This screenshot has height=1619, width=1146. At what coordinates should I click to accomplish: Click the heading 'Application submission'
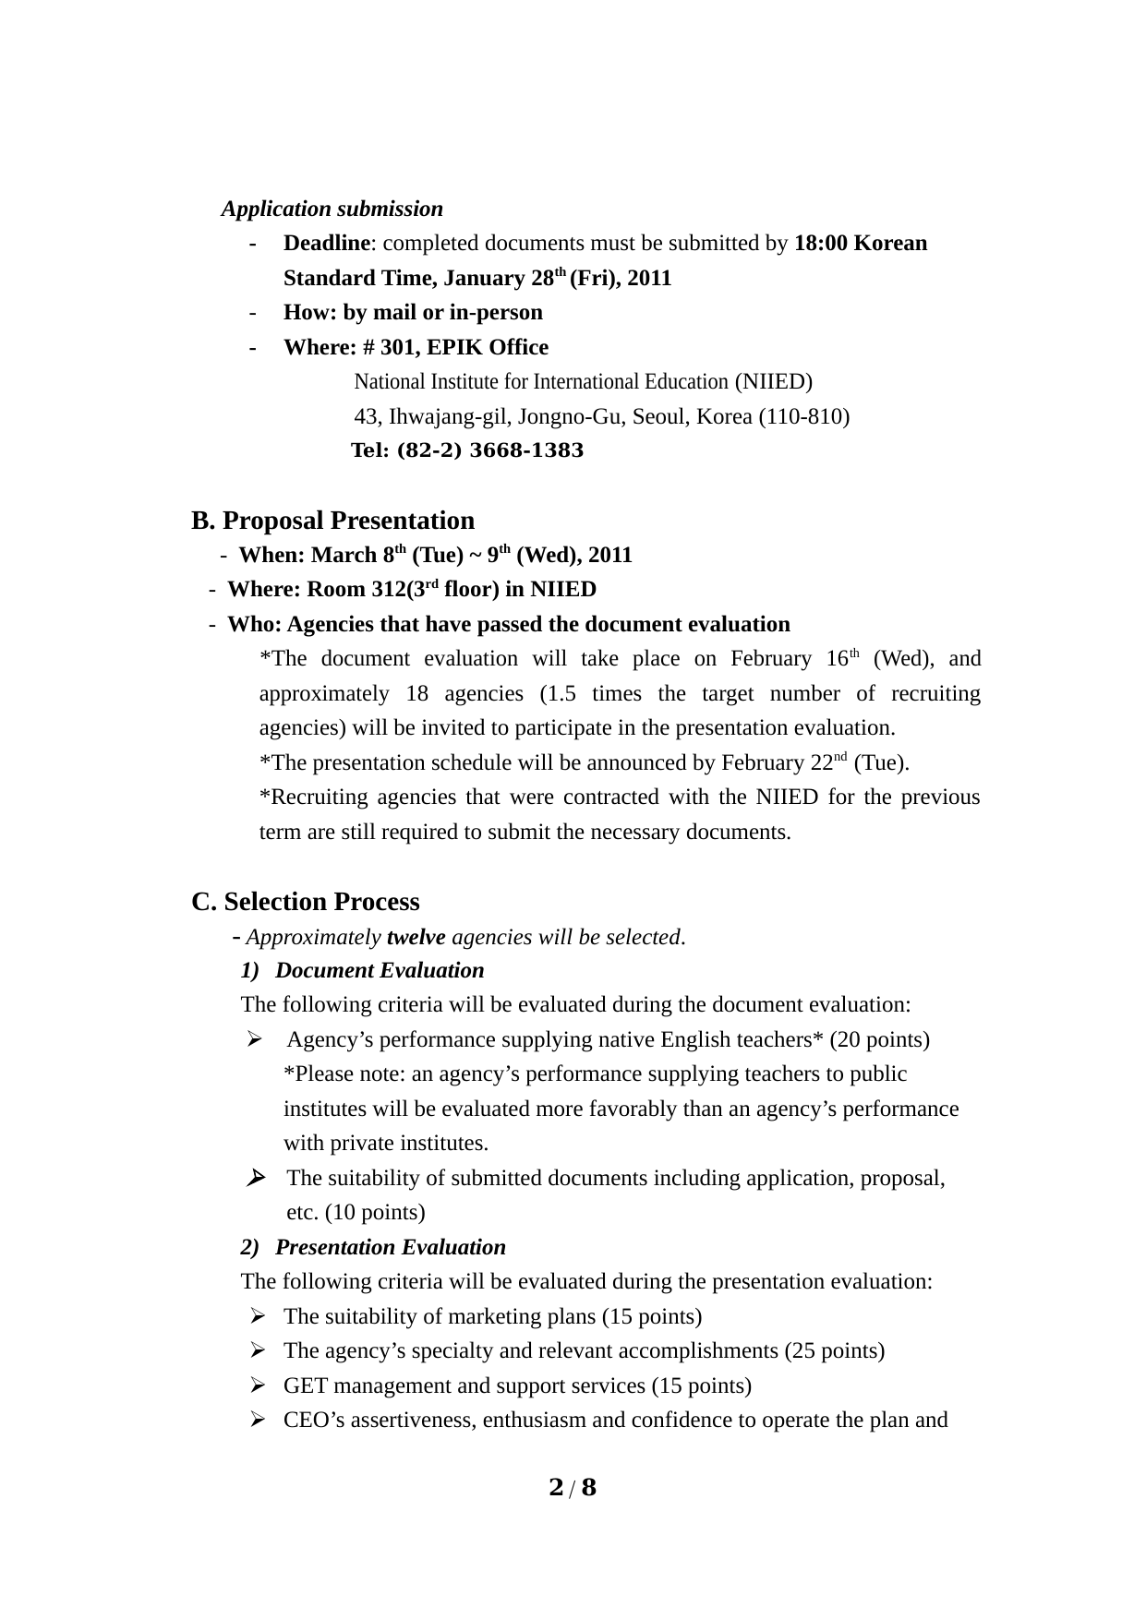(332, 209)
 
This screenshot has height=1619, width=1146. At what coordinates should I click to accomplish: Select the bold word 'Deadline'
(326, 244)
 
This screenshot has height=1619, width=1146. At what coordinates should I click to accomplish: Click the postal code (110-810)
(803, 416)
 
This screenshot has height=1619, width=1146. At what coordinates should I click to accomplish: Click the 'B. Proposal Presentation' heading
(332, 521)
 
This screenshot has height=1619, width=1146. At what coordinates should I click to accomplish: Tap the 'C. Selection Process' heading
(305, 902)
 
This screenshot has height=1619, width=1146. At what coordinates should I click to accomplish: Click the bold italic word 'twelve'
(416, 937)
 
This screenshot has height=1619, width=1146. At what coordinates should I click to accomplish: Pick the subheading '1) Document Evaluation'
(362, 970)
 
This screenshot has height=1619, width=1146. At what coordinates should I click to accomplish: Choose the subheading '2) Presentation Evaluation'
(373, 1247)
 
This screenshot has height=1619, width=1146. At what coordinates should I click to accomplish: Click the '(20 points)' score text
(879, 1039)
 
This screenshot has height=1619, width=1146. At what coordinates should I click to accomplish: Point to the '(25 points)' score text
(834, 1350)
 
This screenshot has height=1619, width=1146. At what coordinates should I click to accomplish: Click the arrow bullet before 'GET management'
(258, 1385)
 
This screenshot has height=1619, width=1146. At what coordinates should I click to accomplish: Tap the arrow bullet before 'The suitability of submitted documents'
(256, 1178)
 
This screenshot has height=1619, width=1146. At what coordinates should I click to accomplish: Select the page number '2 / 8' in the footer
(573, 1487)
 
